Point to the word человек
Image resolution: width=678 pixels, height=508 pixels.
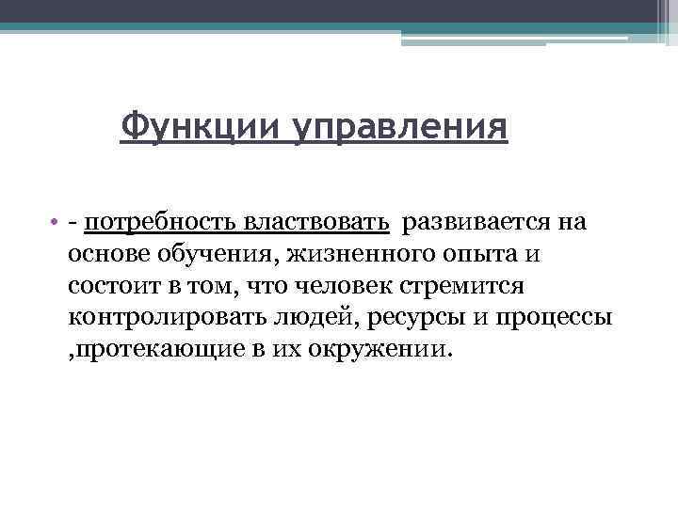[x=350, y=286]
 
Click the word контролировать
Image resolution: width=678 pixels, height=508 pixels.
[x=154, y=317]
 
